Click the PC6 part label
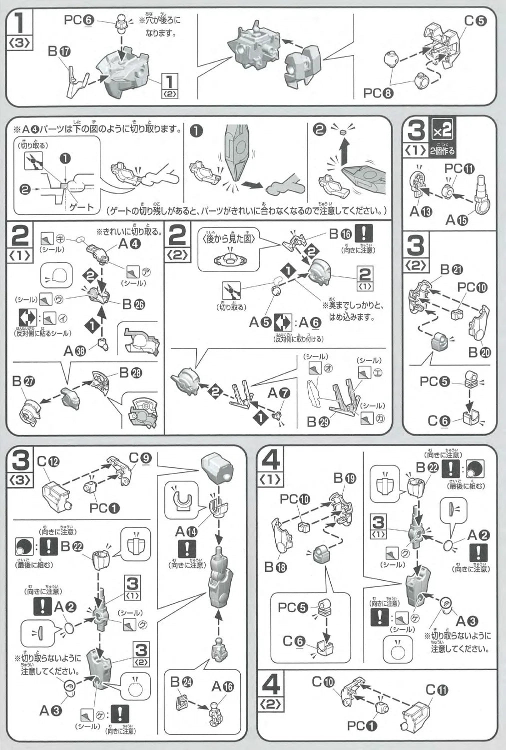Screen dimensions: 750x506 tap(78, 20)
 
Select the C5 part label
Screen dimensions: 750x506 tap(475, 21)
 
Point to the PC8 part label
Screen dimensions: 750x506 tap(379, 92)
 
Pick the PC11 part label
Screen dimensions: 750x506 tap(459, 169)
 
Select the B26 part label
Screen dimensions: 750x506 tap(133, 303)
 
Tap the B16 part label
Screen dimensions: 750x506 tap(340, 233)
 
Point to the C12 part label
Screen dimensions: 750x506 tap(48, 461)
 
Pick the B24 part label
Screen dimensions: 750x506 tap(181, 681)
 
